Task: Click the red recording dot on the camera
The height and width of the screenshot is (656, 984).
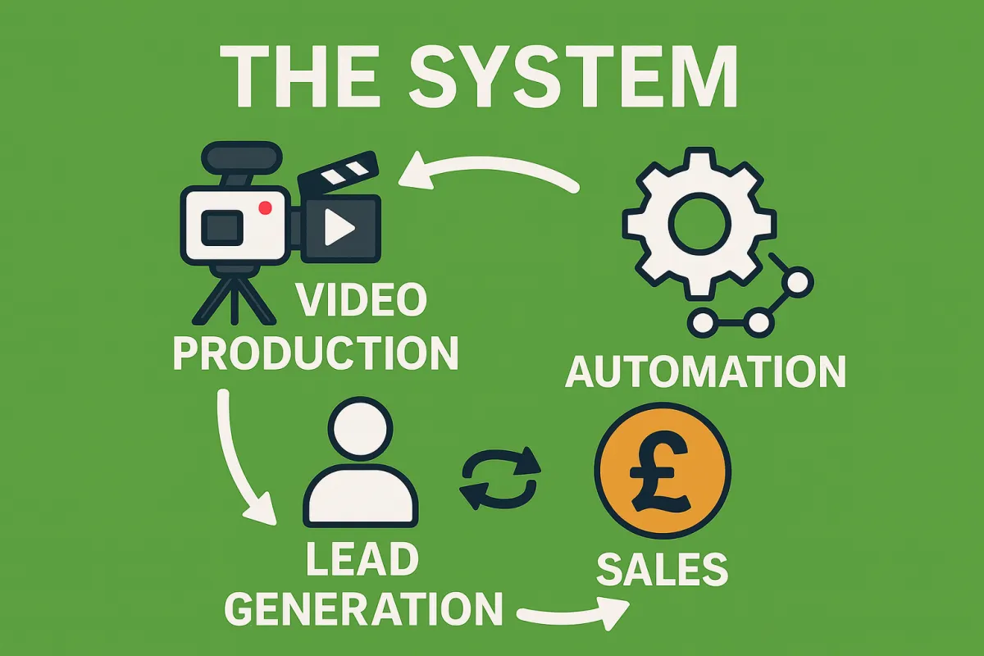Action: tap(265, 208)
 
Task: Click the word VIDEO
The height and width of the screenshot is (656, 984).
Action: tap(361, 301)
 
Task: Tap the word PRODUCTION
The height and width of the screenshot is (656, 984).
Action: tap(315, 353)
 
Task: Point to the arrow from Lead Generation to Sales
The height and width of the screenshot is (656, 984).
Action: tap(574, 613)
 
